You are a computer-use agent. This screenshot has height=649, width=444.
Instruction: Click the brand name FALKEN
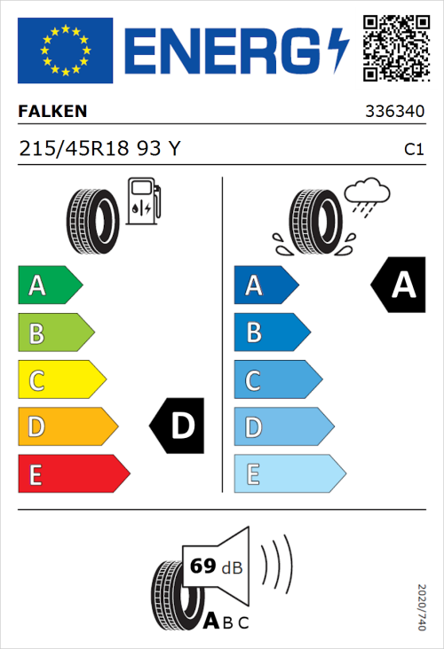pos(53,113)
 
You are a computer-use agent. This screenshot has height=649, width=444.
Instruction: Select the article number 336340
pos(394,113)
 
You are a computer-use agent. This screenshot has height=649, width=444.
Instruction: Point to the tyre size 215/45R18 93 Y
pos(99,149)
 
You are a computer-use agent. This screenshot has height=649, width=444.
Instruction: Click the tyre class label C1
pos(413,150)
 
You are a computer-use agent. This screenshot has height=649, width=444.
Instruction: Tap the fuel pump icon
pos(143,201)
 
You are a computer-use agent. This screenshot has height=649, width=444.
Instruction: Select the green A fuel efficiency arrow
pos(49,285)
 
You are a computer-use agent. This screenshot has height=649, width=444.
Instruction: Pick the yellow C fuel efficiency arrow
pos(60,379)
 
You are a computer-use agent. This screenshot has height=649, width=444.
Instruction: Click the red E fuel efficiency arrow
pos(73,474)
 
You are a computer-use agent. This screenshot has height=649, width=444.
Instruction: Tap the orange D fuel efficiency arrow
pos(67,427)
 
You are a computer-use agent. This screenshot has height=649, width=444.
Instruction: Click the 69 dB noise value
pos(214,567)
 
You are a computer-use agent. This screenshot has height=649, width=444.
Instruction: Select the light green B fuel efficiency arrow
pos(55,332)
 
